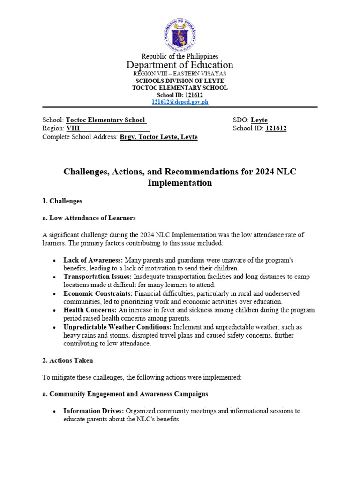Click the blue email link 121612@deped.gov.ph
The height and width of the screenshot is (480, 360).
click(x=180, y=102)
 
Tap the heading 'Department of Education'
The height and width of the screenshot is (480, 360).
click(x=180, y=65)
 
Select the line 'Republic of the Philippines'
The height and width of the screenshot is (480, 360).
click(x=180, y=56)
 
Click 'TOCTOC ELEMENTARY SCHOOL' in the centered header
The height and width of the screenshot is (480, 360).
click(x=180, y=88)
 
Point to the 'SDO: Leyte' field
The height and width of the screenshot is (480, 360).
click(x=250, y=120)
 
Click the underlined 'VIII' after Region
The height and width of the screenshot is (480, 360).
click(x=73, y=128)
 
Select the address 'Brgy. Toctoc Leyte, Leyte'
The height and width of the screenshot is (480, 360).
click(x=159, y=137)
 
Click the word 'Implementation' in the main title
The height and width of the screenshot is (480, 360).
click(x=180, y=183)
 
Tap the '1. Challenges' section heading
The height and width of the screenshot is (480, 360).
click(x=62, y=201)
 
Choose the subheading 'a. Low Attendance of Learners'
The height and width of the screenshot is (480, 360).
click(x=89, y=218)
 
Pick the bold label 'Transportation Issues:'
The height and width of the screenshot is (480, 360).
click(x=98, y=277)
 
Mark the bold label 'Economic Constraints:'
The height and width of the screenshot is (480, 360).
click(x=97, y=293)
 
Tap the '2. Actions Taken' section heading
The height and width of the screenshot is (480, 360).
click(x=67, y=360)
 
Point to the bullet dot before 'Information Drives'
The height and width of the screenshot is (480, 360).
click(x=55, y=411)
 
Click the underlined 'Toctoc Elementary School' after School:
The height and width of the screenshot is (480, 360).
click(x=106, y=120)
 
